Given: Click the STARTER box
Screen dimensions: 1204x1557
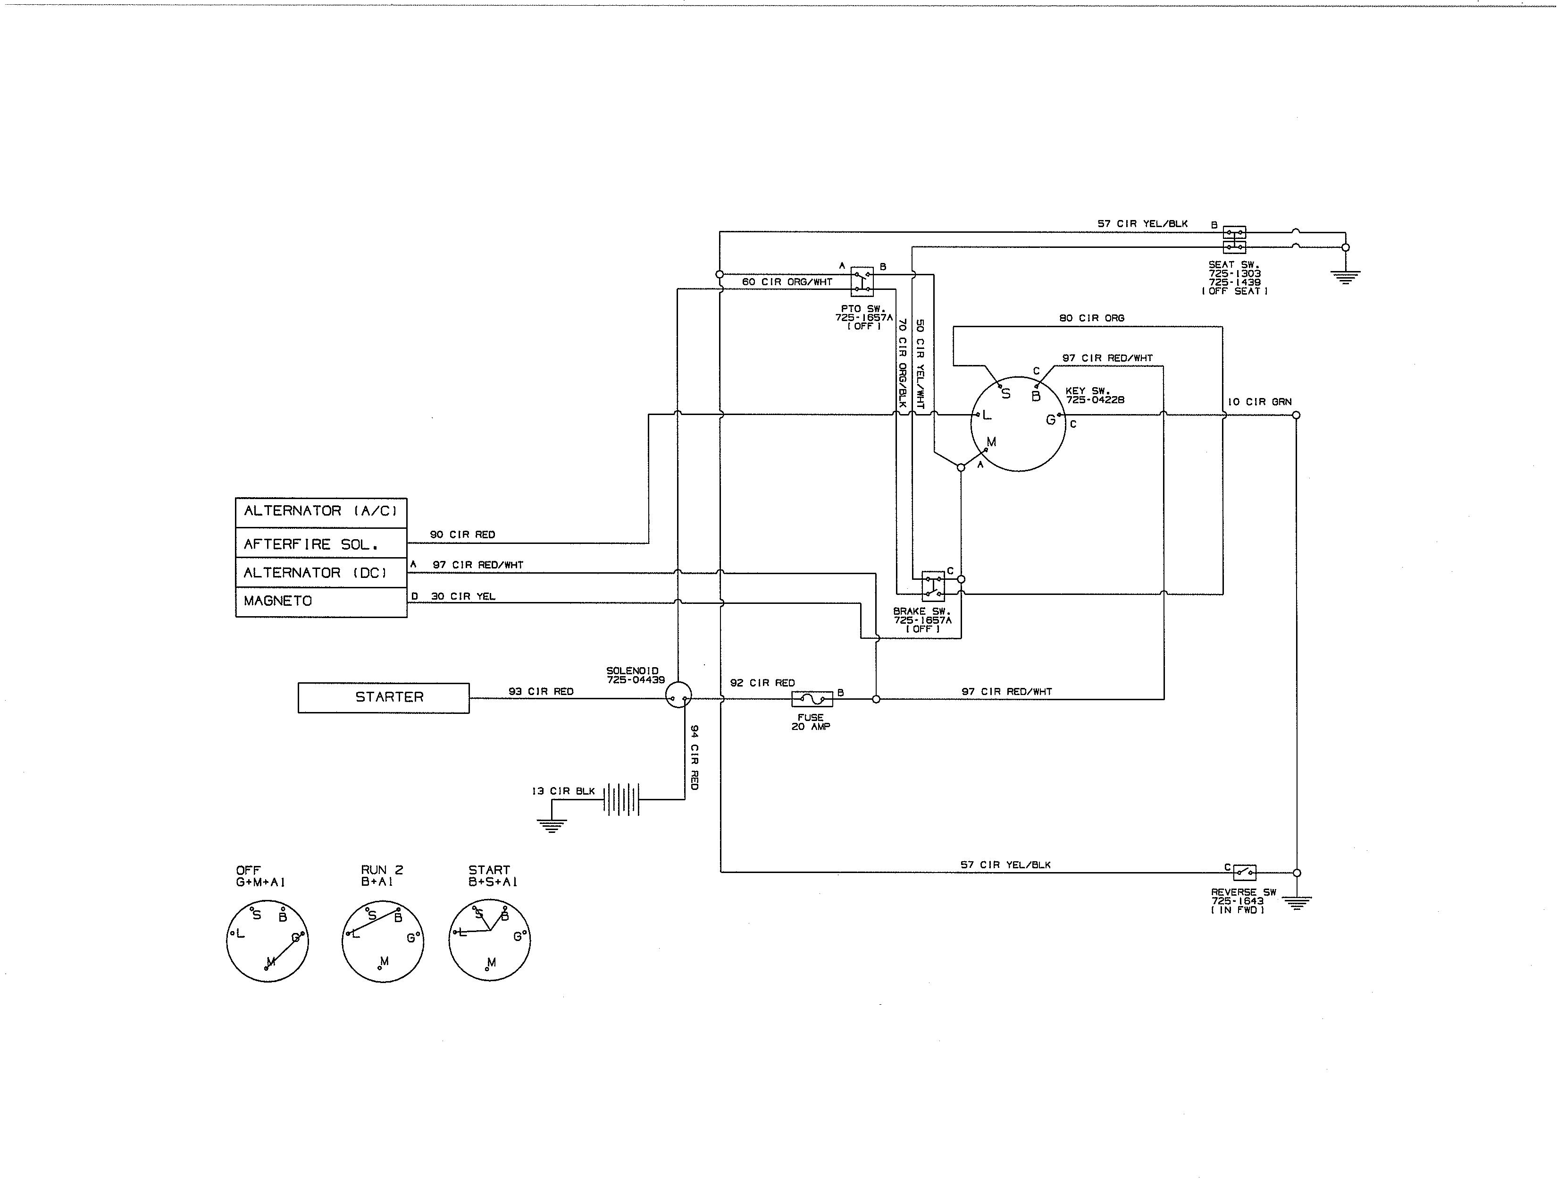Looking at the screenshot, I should point(384,697).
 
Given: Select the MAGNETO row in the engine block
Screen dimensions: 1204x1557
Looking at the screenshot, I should point(321,601).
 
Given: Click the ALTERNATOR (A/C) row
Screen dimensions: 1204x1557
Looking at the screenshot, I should point(321,511).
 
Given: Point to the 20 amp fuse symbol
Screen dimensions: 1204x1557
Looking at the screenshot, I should point(812,699).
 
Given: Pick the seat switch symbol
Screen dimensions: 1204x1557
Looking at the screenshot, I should point(1234,240).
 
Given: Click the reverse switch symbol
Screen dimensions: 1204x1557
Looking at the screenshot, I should point(1245,872).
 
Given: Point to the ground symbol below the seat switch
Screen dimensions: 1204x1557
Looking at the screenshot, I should point(1345,277).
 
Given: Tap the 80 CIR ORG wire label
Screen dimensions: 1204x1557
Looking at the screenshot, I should point(1091,318).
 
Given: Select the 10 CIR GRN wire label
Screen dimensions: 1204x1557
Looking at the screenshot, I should point(1260,402).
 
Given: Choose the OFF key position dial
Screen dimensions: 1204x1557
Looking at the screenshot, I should point(268,941).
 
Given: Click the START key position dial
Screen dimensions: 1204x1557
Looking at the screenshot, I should point(490,941).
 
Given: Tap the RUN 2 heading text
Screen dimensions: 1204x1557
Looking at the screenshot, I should point(382,869).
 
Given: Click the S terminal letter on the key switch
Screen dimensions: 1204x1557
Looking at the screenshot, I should point(1006,394).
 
